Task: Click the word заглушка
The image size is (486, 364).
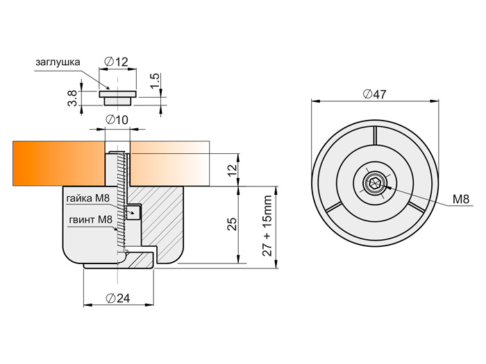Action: click(x=58, y=62)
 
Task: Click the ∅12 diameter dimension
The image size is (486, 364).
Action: click(x=117, y=62)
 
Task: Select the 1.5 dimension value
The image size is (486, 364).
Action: click(x=156, y=79)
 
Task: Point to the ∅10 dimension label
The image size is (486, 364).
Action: click(x=117, y=120)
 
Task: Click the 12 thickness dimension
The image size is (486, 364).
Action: click(x=233, y=166)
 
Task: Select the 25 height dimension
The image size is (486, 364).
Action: click(x=233, y=223)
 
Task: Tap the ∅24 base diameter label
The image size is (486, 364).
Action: click(x=119, y=298)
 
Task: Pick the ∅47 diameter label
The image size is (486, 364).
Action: click(x=375, y=95)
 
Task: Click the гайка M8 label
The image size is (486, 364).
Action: click(x=88, y=199)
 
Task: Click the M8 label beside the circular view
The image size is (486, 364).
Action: click(x=461, y=200)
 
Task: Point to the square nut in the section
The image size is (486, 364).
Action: click(x=133, y=211)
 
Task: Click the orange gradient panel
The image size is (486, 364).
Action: click(x=56, y=164)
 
